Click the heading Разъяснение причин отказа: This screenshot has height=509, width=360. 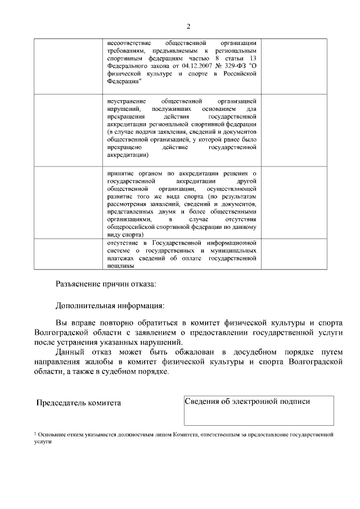tap(106, 285)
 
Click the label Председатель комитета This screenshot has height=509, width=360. tap(78, 403)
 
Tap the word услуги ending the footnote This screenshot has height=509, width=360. tap(42, 442)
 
